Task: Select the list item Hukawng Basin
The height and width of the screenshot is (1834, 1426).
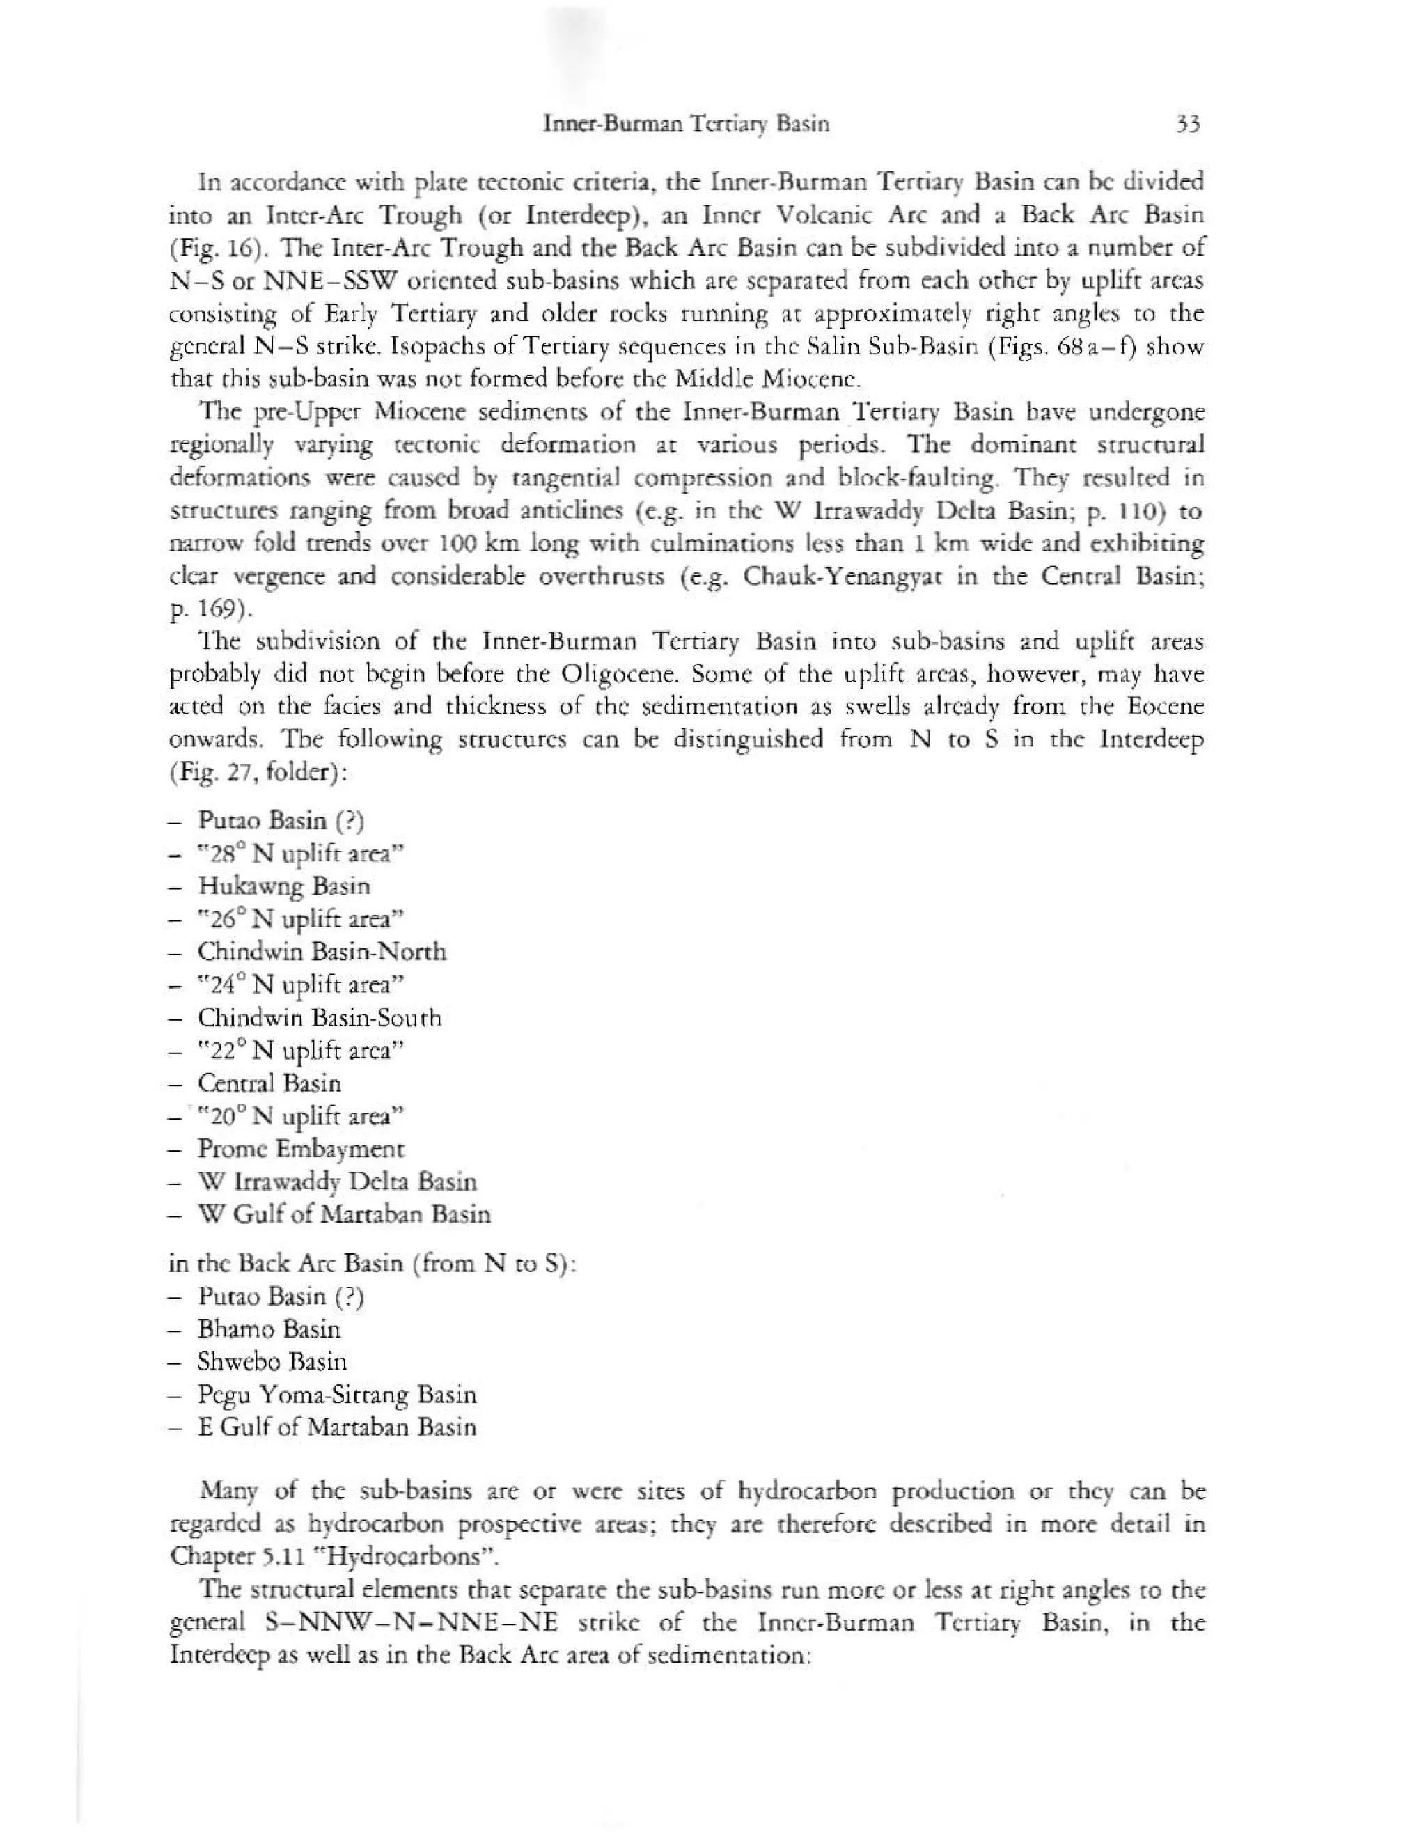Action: click(x=284, y=886)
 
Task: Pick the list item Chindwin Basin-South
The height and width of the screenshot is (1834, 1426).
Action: click(x=319, y=1017)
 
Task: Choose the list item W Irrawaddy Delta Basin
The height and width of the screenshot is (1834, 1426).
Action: click(x=337, y=1182)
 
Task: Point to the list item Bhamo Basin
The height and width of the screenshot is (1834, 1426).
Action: click(x=269, y=1329)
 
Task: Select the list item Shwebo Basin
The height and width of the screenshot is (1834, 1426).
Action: click(x=272, y=1361)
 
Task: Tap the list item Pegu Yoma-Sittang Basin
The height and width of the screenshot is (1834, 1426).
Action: click(x=337, y=1395)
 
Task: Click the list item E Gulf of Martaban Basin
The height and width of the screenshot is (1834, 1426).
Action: click(x=337, y=1427)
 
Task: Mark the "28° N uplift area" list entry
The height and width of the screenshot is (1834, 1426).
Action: click(x=301, y=853)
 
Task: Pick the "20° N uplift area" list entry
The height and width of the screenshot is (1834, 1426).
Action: click(x=301, y=1116)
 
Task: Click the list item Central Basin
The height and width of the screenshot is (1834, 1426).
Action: click(x=269, y=1083)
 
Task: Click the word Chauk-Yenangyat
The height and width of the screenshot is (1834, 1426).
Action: click(x=840, y=577)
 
